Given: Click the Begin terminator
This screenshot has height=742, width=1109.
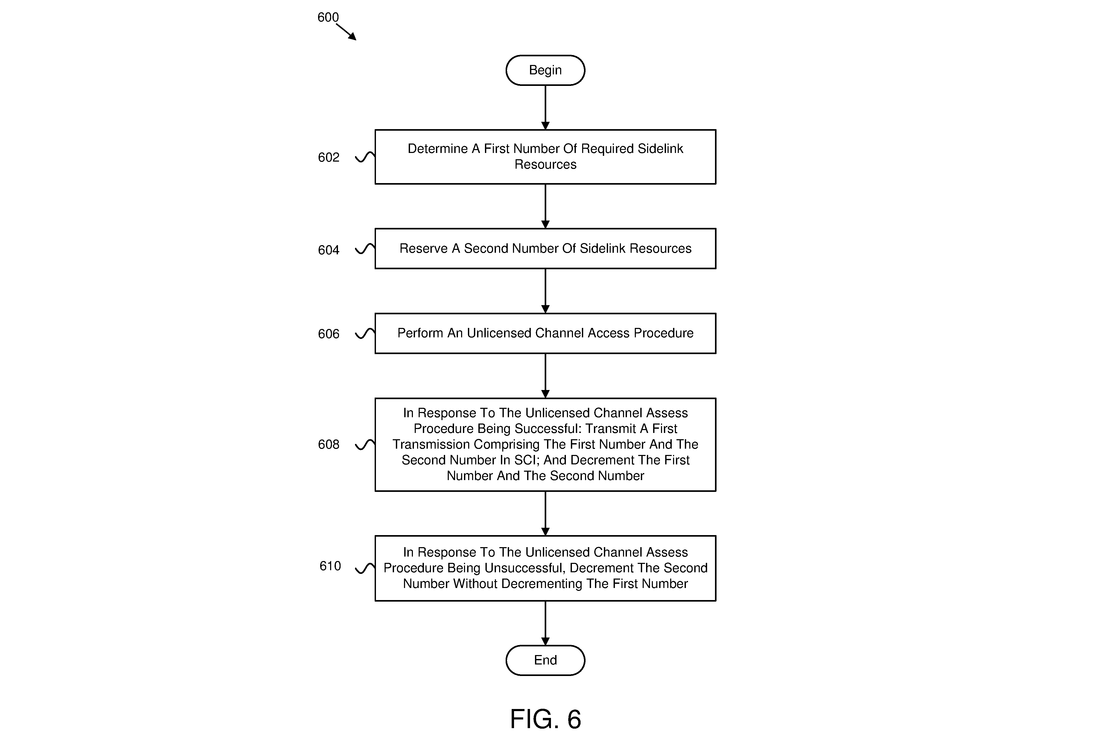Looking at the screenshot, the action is click(x=545, y=70).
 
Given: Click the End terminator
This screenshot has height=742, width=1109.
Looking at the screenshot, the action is click(x=545, y=660).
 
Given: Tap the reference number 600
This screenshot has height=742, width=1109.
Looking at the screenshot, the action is click(x=328, y=18).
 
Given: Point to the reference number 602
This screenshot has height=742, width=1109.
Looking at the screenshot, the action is click(x=329, y=157).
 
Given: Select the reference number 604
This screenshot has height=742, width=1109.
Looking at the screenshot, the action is click(x=329, y=250).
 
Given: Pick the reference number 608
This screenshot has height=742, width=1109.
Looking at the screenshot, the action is click(x=329, y=444).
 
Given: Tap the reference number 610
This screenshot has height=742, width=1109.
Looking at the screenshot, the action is click(x=330, y=566).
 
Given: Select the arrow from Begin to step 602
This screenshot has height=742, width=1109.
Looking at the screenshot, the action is click(x=545, y=107).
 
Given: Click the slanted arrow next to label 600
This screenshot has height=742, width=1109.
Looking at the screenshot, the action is click(x=346, y=32).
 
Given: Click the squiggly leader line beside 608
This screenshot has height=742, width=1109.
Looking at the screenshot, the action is click(x=365, y=444).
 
